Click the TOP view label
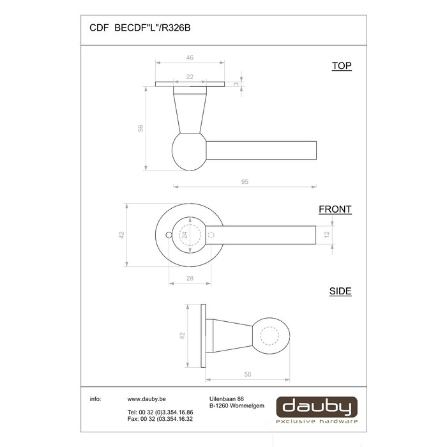[x=342, y=66]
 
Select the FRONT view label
[x=335, y=209]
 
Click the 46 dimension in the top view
[x=190, y=58]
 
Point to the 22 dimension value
[x=190, y=76]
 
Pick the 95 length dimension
[x=245, y=182]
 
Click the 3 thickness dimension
[x=237, y=84]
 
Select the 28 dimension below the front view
[x=190, y=279]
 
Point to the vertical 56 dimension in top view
[x=140, y=128]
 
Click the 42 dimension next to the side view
[x=182, y=335]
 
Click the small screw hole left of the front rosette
[x=169, y=235]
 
